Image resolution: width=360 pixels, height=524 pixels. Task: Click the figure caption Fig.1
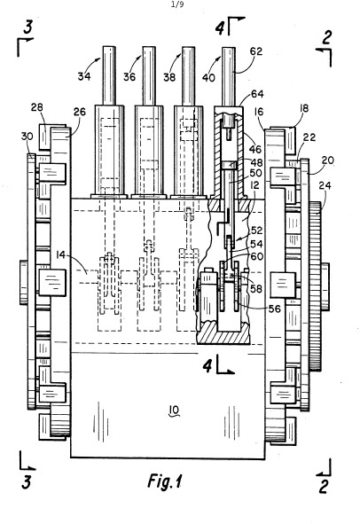pos(165,482)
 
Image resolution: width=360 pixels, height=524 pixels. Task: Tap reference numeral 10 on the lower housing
pos(175,410)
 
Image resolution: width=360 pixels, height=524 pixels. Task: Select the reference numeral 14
pos(60,255)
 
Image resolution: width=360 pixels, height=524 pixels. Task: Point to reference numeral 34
pos(84,76)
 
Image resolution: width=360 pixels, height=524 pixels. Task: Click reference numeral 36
pos(129,77)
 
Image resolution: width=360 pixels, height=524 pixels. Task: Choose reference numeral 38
pos(169,77)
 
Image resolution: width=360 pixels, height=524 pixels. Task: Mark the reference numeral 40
pos(208,77)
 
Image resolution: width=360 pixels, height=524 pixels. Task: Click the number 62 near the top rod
pos(256,51)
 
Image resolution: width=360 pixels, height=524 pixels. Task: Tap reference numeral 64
pos(257,94)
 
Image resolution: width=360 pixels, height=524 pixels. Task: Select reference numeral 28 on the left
pos(37,107)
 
